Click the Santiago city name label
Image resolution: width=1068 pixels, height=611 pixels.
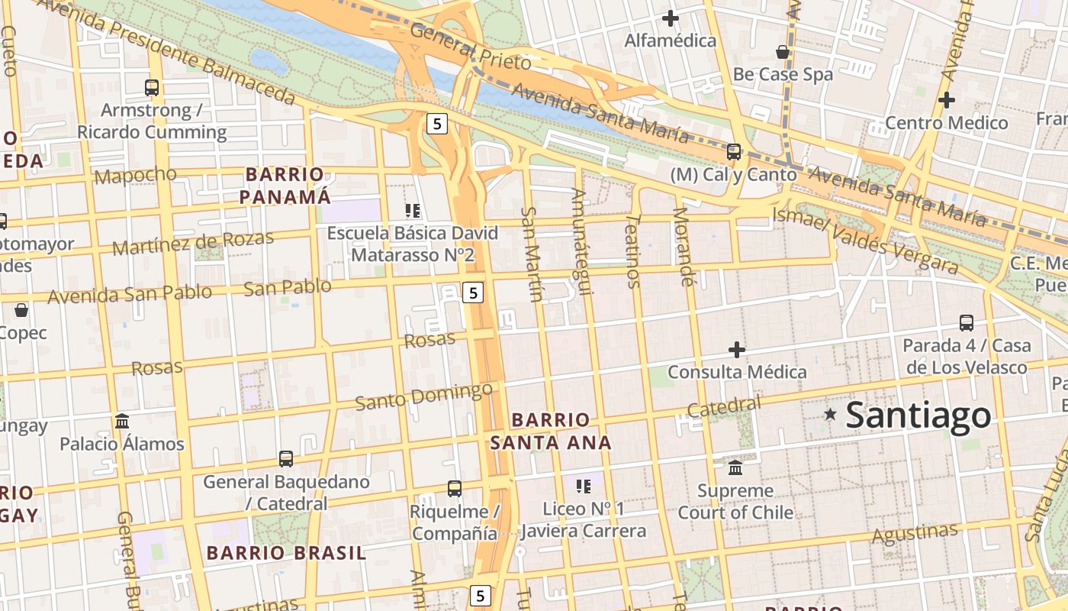point(918,415)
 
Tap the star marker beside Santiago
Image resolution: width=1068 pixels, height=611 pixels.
point(830,415)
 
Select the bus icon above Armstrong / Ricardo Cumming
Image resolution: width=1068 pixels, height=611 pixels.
point(152,88)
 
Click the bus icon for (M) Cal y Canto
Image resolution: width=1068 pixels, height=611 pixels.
point(734,152)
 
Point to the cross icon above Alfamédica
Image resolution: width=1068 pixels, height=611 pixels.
point(671,18)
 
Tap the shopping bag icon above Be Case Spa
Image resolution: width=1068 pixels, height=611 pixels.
point(783,52)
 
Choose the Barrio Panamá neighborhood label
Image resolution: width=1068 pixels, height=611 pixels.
point(286,186)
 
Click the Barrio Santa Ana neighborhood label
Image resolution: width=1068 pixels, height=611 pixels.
point(551,431)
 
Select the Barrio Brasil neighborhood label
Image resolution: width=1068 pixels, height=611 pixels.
point(286,552)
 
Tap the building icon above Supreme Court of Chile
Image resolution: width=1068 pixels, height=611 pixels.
point(735,467)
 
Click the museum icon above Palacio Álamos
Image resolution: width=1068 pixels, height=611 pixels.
point(122,421)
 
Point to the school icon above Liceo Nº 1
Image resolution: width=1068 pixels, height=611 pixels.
point(584,486)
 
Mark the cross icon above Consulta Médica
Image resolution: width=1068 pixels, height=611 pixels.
point(737,350)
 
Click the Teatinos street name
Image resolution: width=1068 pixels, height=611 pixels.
point(632,251)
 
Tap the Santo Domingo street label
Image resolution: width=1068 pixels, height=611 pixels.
point(424,396)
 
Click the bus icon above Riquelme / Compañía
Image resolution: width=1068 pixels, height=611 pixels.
point(455,488)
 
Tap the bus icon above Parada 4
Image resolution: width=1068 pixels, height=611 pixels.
point(967,323)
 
